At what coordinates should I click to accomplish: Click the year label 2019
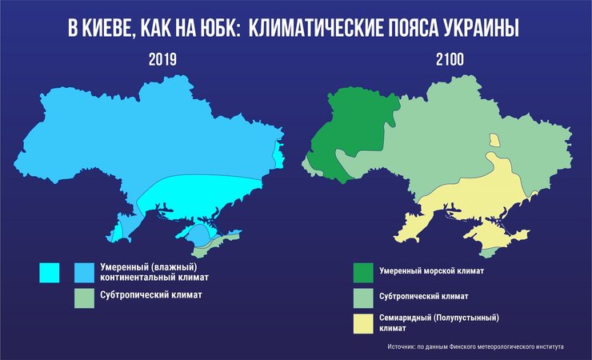coord(162,59)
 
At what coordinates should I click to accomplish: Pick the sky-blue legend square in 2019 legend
coord(85,272)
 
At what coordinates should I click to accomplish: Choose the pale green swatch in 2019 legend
coord(85,298)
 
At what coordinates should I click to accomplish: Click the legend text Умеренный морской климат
coord(433,271)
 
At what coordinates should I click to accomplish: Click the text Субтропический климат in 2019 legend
coord(150,294)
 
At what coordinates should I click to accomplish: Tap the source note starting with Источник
coord(475,347)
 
